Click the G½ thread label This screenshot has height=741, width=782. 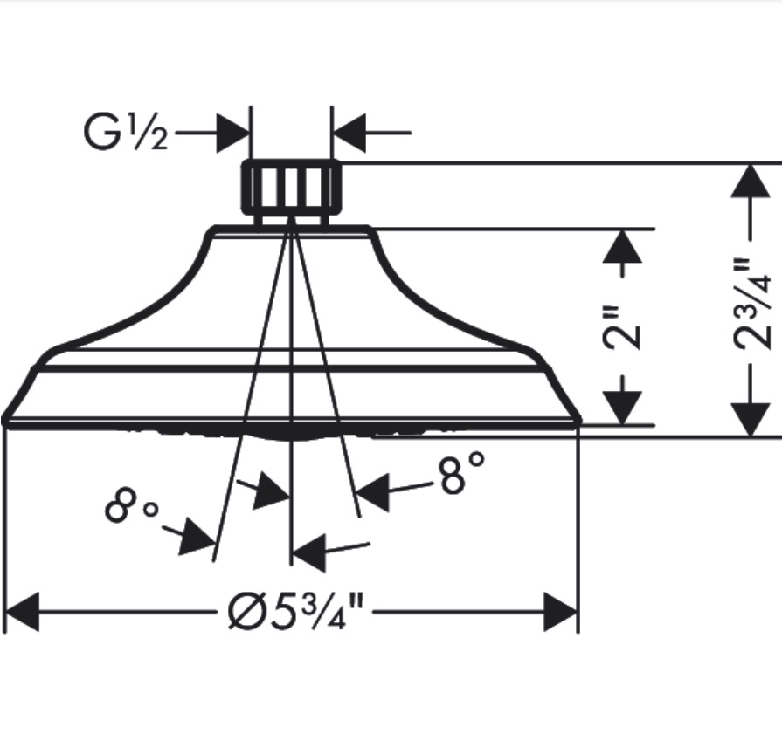pos(126,132)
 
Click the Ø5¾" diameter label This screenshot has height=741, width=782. pos(295,612)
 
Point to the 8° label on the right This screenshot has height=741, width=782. pos(462,473)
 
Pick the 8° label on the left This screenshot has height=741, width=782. pos(132,506)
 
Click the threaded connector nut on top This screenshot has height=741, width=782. pos(292,188)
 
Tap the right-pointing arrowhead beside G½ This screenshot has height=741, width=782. pos(233,133)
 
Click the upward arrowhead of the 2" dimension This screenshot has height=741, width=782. pos(622,246)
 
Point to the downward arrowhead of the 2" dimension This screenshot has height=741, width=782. pos(622,408)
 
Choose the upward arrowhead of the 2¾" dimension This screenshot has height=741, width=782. pos(751,181)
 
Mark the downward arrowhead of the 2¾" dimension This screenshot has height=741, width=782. pos(751,420)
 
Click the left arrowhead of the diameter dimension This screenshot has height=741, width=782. pos(22,612)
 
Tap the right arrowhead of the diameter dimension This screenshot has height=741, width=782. pos(561,612)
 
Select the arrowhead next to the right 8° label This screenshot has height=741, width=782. pos(373,492)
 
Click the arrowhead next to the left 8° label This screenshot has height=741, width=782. pos(197,537)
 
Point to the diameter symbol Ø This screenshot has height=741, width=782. pos(244,613)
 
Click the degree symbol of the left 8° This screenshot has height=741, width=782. pos(150,510)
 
